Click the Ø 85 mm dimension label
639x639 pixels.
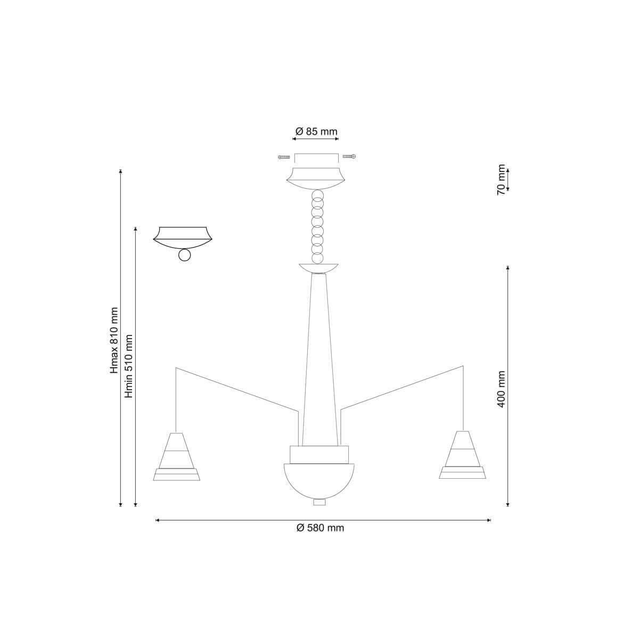coord(316,132)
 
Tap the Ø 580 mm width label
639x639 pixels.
coord(321,528)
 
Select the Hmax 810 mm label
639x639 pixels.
coord(114,340)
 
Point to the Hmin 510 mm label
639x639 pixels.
coord(129,366)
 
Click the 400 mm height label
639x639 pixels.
coord(501,389)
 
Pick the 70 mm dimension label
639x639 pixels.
coord(501,179)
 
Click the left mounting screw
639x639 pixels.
coord(284,157)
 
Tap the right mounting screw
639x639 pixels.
coord(349,156)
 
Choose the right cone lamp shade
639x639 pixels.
coord(462,455)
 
